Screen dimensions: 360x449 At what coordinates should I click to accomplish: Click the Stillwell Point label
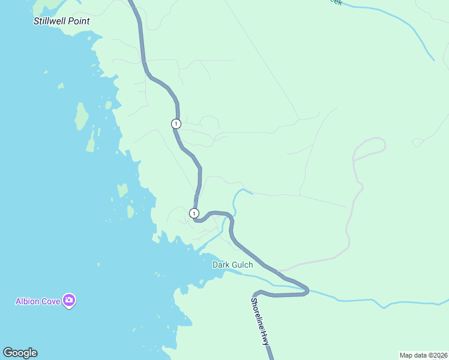point(61,21)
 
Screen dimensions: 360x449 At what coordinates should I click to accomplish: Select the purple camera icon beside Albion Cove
point(69,301)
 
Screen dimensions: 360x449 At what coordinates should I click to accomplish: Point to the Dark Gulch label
point(232,265)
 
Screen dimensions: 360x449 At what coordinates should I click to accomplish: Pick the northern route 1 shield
point(175,124)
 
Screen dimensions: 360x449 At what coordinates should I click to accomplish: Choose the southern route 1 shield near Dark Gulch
point(194,213)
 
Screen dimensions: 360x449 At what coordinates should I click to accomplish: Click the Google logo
point(20,353)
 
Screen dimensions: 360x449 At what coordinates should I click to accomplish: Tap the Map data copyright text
point(423,355)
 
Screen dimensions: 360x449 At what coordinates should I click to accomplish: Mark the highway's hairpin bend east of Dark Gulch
point(306,291)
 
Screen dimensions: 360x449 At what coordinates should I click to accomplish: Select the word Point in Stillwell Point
point(78,21)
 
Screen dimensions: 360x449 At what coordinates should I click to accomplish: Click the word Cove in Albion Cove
point(51,301)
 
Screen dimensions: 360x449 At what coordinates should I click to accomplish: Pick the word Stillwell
point(49,21)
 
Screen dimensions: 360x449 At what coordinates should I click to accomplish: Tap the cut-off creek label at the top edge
point(335,2)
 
